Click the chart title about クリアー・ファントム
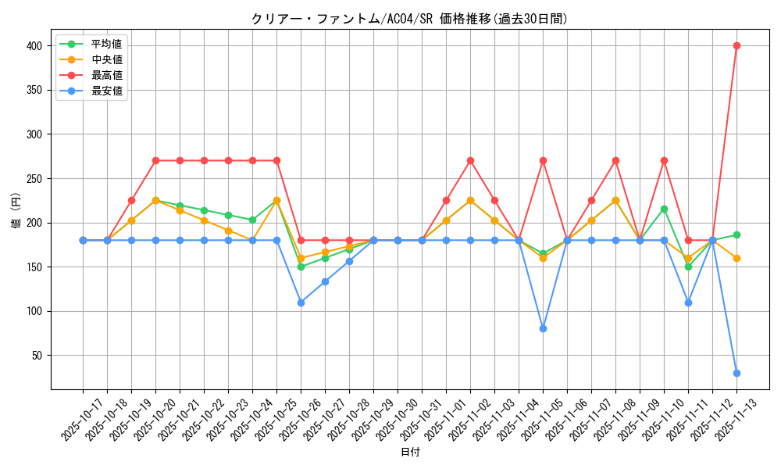click(409, 19)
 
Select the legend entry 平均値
click(106, 44)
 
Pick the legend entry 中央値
click(106, 59)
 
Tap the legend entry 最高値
click(106, 75)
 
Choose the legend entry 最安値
click(106, 91)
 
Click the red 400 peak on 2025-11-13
click(736, 45)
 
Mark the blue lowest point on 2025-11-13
click(736, 373)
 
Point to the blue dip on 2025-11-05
click(543, 328)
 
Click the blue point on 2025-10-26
click(301, 303)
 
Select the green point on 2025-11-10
click(664, 209)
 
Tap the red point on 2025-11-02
click(470, 160)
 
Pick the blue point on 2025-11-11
click(688, 303)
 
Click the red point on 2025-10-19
click(131, 200)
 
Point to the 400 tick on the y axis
click(34, 46)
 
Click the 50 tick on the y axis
click(37, 356)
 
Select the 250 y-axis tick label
click(34, 179)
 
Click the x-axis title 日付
click(409, 453)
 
